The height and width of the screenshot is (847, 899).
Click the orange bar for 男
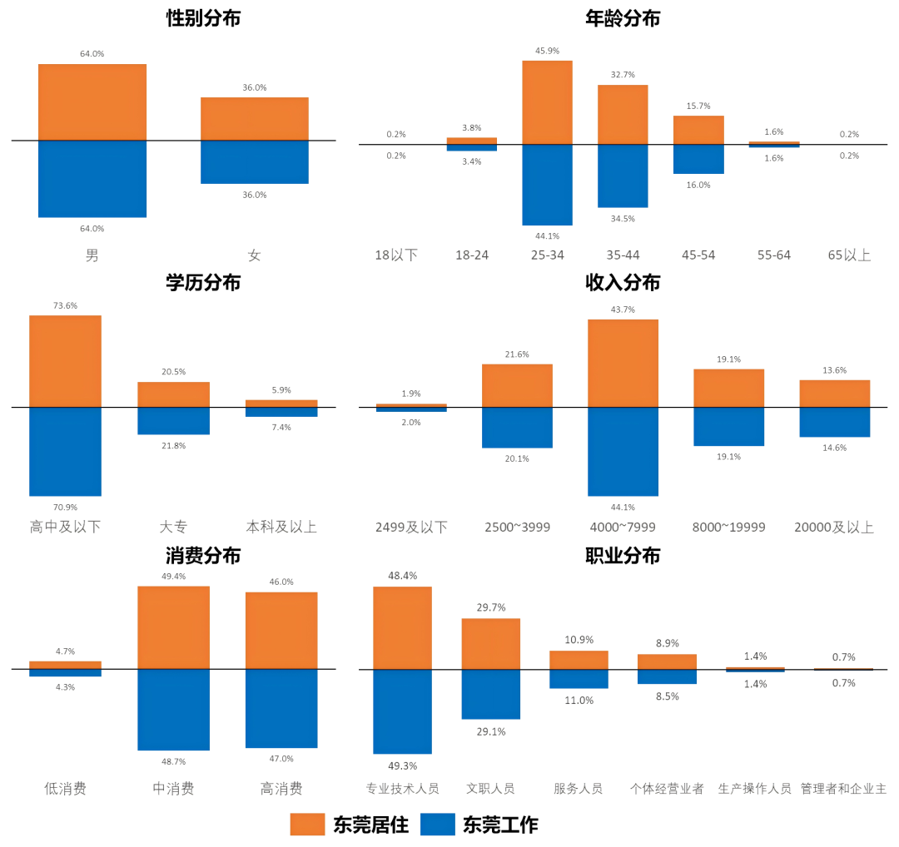(92, 102)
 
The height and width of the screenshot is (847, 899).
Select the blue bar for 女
(255, 162)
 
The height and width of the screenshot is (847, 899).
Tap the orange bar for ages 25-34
(547, 102)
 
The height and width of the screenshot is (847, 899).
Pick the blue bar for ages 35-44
(623, 176)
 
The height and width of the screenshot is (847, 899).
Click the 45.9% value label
(547, 51)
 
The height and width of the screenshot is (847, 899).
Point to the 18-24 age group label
(472, 255)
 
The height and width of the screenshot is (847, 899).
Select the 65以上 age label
(849, 255)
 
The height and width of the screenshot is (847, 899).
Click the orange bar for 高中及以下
(65, 361)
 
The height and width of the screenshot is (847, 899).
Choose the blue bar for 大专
(173, 421)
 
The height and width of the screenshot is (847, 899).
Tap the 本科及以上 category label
(281, 528)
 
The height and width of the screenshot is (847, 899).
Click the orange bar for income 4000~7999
(623, 363)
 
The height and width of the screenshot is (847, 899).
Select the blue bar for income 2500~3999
(517, 428)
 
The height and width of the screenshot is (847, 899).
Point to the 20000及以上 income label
(834, 528)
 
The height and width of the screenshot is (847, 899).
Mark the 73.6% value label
(65, 305)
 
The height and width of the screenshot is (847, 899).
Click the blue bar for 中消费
(173, 710)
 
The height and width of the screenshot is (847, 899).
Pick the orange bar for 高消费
(281, 630)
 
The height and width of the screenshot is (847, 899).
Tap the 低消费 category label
(65, 789)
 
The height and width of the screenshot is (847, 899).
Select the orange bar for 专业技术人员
(402, 627)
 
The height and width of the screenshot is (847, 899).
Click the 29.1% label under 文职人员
(491, 731)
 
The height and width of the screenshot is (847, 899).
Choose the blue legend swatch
(438, 825)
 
